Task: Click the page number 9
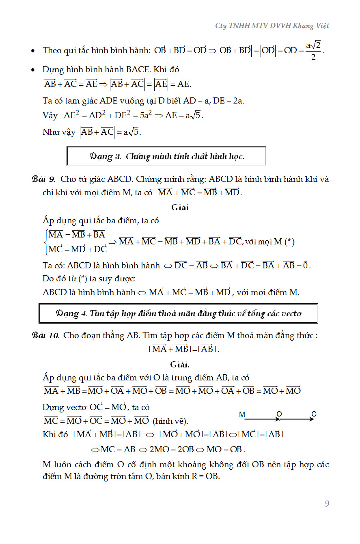tap(327, 504)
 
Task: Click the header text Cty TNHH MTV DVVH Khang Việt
tap(272, 26)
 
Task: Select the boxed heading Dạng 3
tap(166, 156)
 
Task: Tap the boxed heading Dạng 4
tap(178, 313)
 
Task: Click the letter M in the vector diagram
tap(242, 414)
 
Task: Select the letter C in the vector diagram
tap(314, 414)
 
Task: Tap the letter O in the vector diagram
tap(279, 414)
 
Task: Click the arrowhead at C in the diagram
tap(312, 419)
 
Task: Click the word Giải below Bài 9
tap(180, 207)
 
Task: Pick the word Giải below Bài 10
tap(180, 364)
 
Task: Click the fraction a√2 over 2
tap(313, 51)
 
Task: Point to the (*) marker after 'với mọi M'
tap(289, 242)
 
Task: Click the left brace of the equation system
tap(45, 242)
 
